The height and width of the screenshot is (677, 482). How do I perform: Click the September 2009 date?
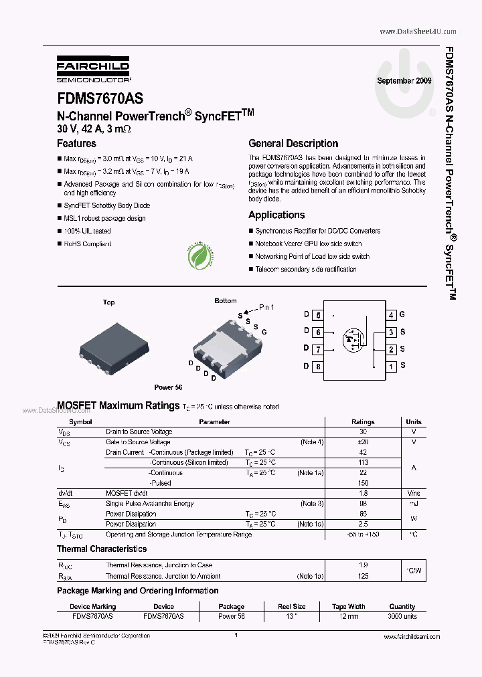pyautogui.click(x=404, y=80)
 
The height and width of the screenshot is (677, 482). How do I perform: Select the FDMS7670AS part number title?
pyautogui.click(x=100, y=98)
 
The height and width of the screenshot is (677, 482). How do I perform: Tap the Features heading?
pyautogui.click(x=76, y=144)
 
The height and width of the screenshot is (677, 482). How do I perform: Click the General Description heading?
pyautogui.click(x=293, y=144)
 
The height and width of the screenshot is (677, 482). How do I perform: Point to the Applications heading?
pyautogui.click(x=276, y=215)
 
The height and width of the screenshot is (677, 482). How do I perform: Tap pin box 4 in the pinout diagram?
pyautogui.click(x=391, y=315)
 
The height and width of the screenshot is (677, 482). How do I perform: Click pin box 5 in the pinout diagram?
pyautogui.click(x=318, y=315)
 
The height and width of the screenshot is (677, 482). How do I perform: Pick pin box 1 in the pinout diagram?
pyautogui.click(x=391, y=366)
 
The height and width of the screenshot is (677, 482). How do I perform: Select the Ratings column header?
pyautogui.click(x=363, y=422)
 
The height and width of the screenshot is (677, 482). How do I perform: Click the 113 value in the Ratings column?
pyautogui.click(x=363, y=463)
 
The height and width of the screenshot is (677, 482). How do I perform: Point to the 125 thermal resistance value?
pyautogui.click(x=363, y=576)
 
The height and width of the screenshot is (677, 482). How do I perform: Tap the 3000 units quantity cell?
pyautogui.click(x=402, y=616)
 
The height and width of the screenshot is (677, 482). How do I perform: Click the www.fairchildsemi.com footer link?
pyautogui.click(x=412, y=637)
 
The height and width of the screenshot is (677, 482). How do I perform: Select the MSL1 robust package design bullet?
pyautogui.click(x=104, y=219)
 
